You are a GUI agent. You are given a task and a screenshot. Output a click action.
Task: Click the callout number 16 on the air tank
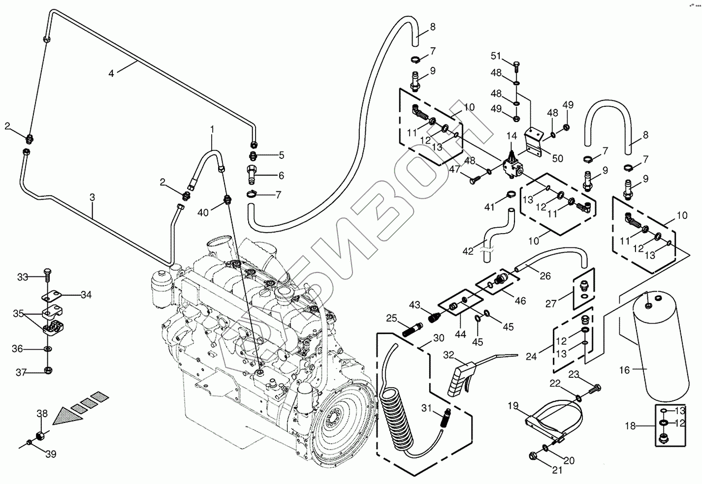[x=624, y=370]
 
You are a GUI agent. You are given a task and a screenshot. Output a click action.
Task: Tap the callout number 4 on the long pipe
[x=111, y=73]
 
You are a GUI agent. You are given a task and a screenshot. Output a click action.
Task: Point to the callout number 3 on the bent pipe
[x=93, y=197]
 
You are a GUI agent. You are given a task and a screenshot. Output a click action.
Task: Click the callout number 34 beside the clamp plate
[x=86, y=295]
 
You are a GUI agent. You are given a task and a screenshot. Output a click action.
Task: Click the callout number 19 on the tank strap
[x=513, y=406]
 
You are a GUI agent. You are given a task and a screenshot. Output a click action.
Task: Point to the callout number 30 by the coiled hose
[x=439, y=338]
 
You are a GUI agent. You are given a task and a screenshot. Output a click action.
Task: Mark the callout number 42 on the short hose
[x=468, y=251]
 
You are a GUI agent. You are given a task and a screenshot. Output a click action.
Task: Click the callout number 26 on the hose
[x=545, y=276]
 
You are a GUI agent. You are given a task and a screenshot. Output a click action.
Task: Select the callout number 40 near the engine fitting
[x=203, y=212]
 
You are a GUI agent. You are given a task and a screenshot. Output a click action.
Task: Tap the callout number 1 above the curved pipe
[x=212, y=129]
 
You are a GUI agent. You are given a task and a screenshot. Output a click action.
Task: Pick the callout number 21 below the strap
[x=557, y=470]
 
